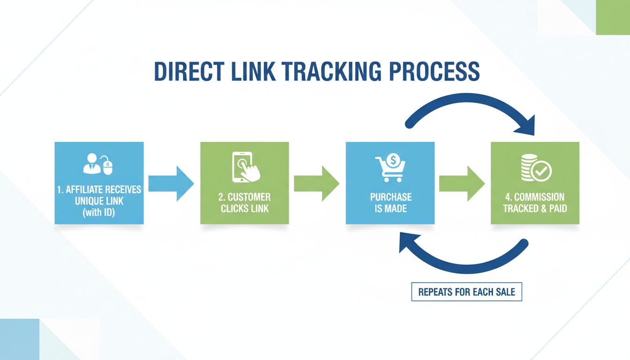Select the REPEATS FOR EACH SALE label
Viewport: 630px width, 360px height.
click(466, 292)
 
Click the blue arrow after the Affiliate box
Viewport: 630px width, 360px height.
click(171, 183)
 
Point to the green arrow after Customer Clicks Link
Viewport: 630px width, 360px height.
click(316, 183)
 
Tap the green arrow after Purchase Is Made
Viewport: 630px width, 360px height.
click(462, 183)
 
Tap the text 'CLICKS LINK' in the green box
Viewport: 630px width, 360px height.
click(245, 208)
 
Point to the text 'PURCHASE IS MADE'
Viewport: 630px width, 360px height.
click(390, 202)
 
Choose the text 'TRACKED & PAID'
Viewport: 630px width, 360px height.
click(535, 208)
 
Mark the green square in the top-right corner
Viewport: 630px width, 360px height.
click(613, 17)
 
